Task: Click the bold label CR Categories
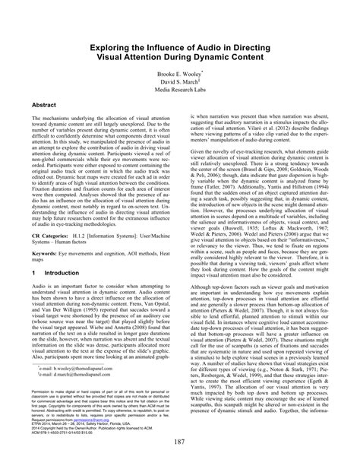(x=50, y=236)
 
